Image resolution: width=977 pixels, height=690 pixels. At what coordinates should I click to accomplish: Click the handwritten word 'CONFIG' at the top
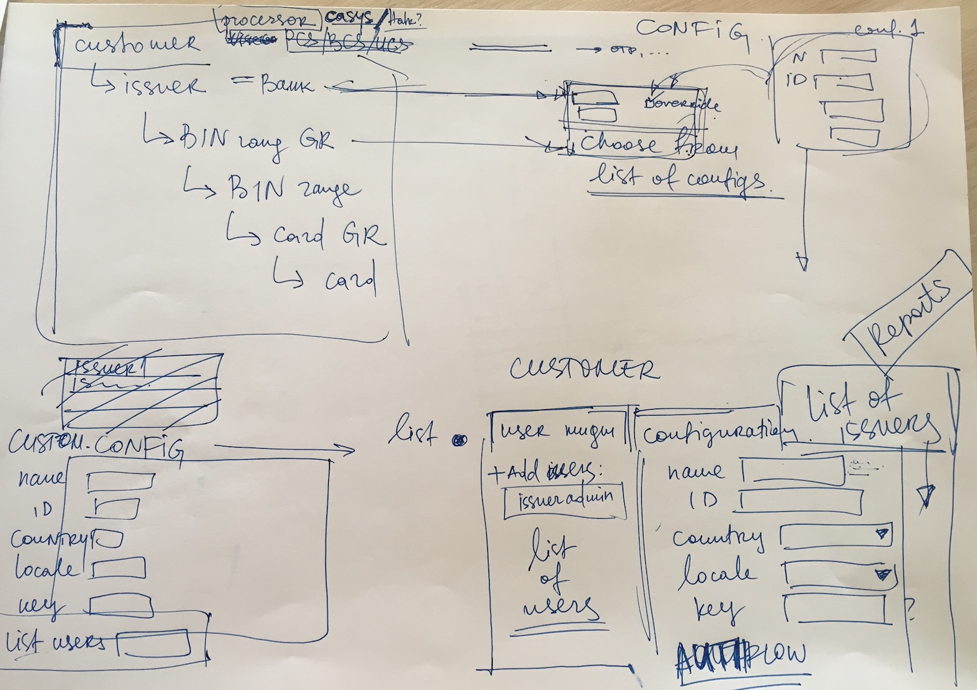coord(691,32)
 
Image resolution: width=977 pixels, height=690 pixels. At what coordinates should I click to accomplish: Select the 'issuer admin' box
coord(564,499)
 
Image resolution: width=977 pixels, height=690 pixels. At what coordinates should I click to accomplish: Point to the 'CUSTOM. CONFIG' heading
coord(96,446)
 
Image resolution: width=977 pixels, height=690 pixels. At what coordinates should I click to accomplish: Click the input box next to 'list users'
coord(154,643)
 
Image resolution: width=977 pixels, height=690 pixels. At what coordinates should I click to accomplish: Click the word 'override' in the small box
coord(683,103)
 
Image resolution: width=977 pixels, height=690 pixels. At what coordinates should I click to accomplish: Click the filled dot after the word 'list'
coord(460,441)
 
